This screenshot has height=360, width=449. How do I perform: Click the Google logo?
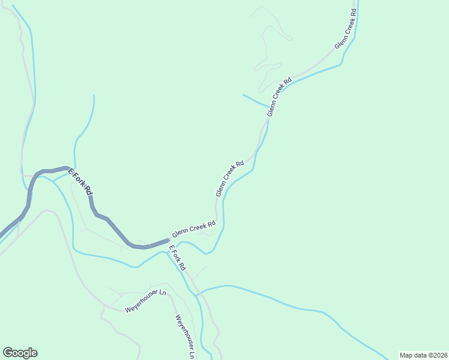[x=20, y=353]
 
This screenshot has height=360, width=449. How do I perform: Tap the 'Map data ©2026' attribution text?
[x=423, y=355]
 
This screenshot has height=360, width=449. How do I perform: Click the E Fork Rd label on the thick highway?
[x=80, y=181]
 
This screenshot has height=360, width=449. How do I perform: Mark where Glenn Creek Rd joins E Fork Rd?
[x=169, y=239]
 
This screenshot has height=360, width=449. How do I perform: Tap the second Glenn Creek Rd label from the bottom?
[x=230, y=178]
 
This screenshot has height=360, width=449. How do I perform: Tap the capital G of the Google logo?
[x=8, y=353]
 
